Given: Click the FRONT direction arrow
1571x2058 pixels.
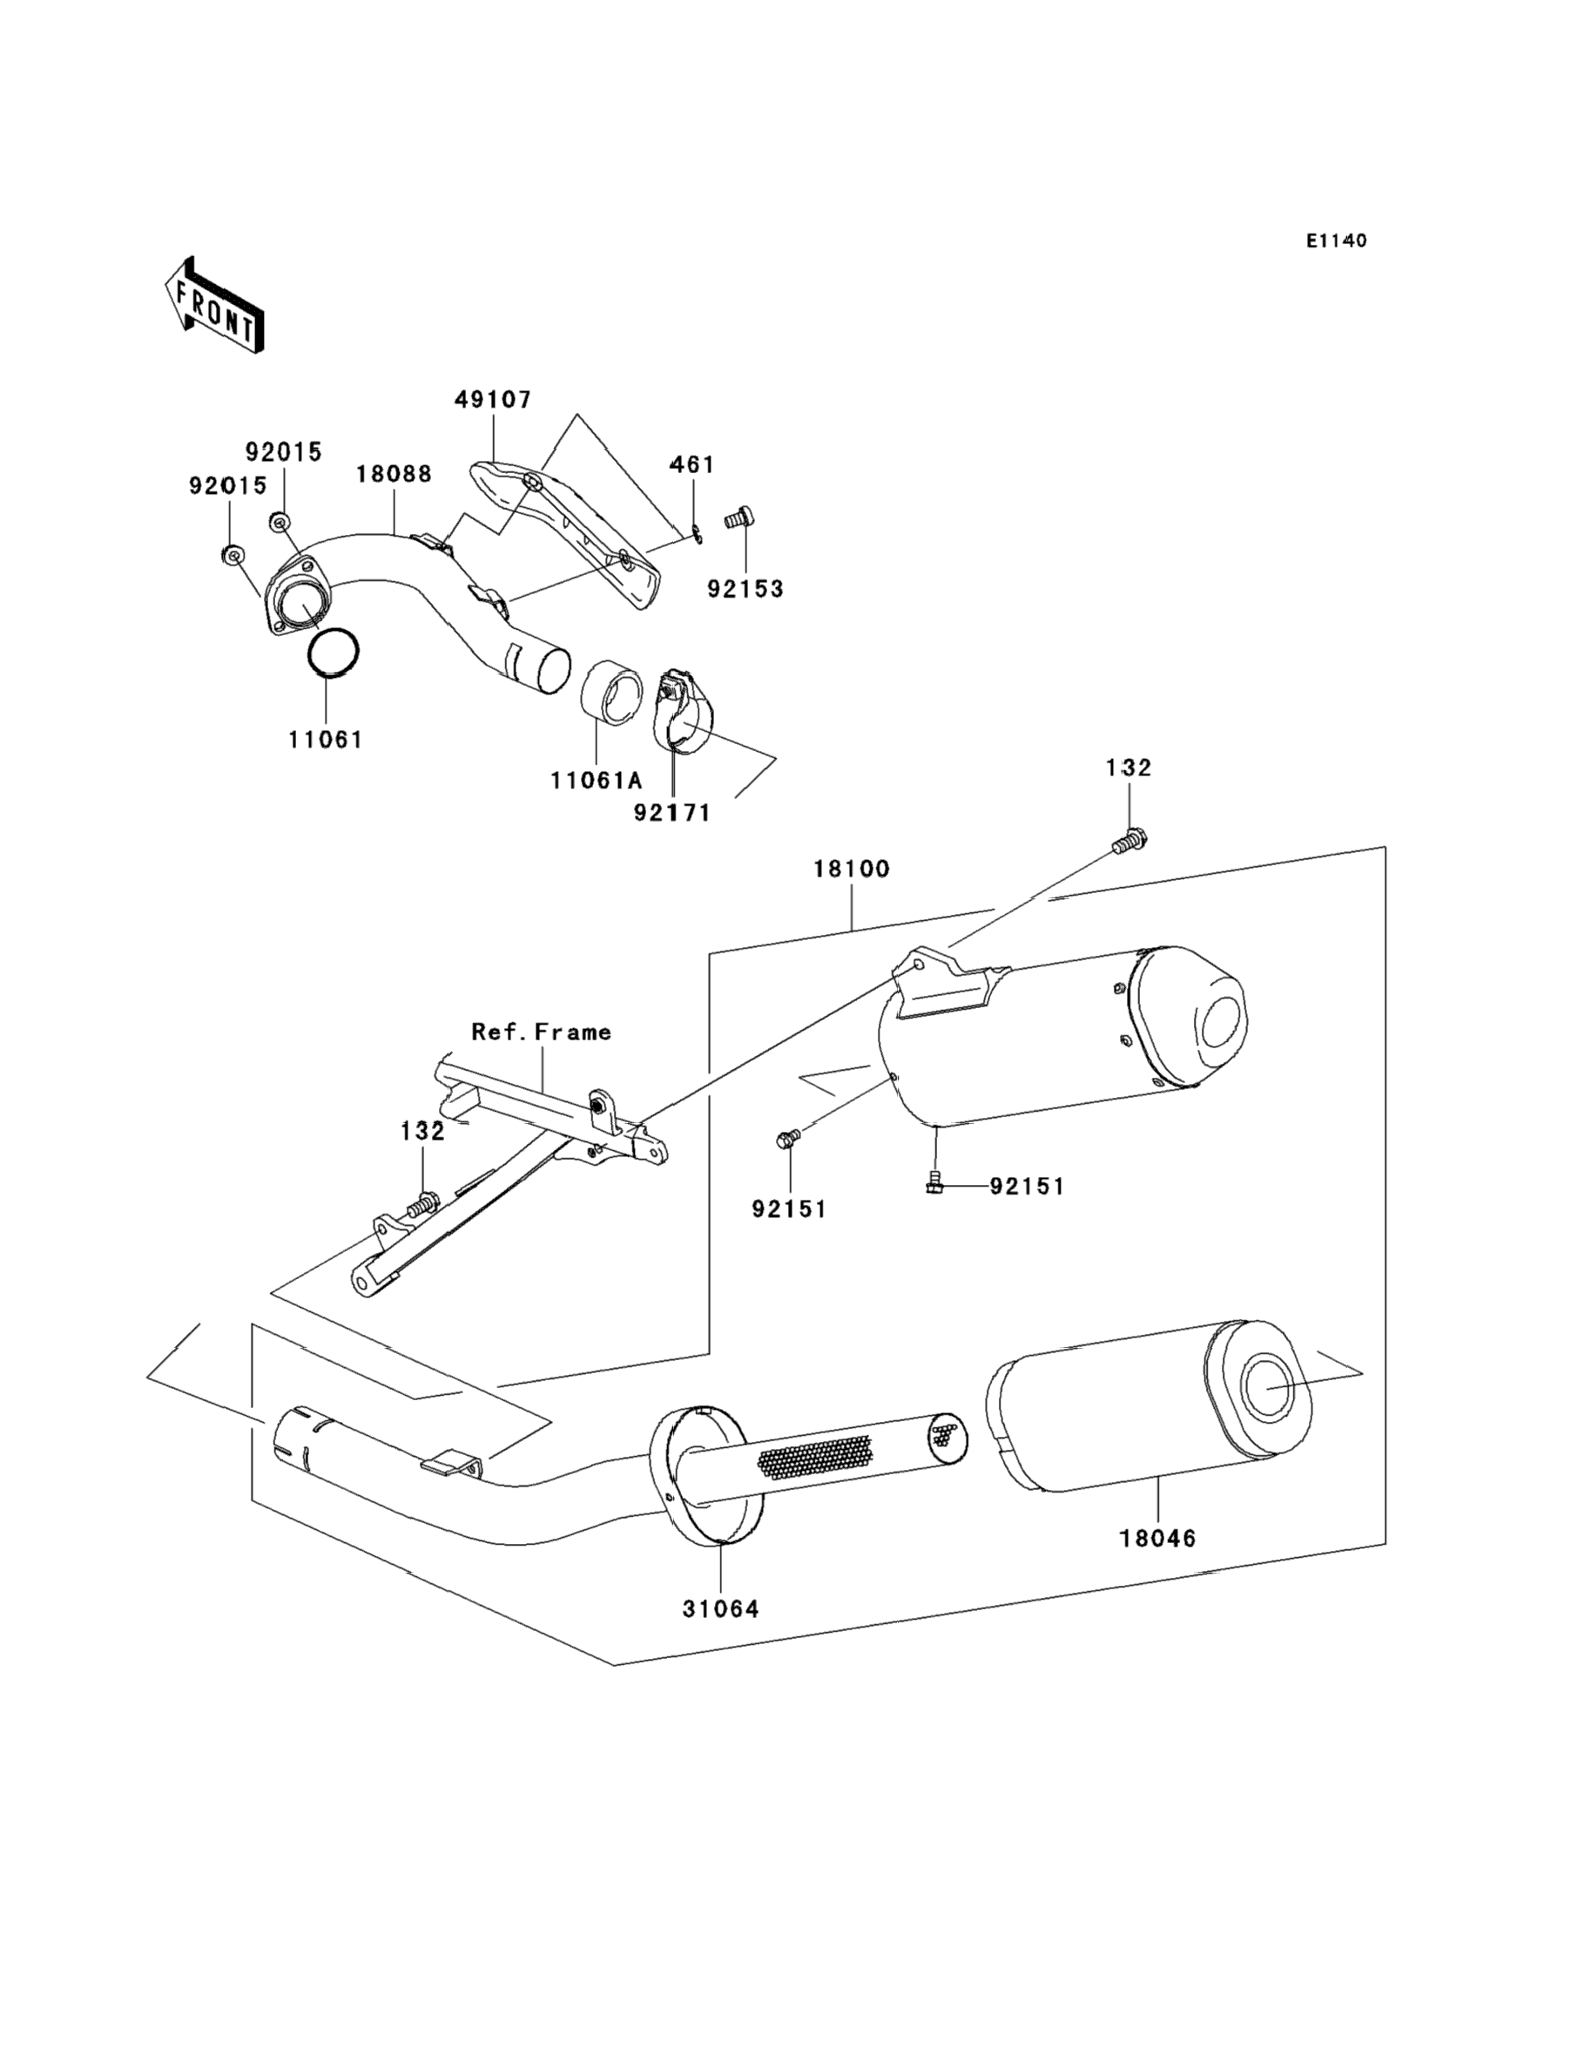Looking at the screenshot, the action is point(214,305).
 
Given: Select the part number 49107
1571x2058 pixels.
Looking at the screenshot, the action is point(493,399).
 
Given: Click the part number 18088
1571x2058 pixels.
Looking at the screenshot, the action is point(394,474).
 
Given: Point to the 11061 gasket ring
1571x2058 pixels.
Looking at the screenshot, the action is point(334,651).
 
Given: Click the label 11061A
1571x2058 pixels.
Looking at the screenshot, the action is point(597,780).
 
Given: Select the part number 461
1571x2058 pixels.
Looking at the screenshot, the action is point(692,465).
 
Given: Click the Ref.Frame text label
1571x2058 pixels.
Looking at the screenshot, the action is point(542,1032).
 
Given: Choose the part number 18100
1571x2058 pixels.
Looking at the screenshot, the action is point(851,869).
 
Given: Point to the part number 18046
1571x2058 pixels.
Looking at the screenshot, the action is point(1157,1538).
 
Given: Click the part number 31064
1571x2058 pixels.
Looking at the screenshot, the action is point(720,1609).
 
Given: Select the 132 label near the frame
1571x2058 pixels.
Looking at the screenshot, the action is point(422,1131).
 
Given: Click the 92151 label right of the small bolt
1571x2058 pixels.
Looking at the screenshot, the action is point(1027,1186).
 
